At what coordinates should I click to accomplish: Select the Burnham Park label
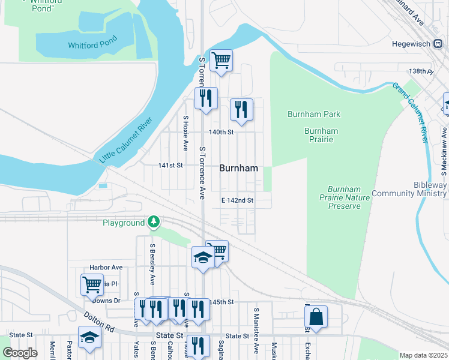[x=314, y=114]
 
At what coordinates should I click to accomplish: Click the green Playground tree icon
[x=154, y=223]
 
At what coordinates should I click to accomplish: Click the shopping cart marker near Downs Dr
[x=92, y=284]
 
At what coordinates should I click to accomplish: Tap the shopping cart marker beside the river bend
[x=221, y=60]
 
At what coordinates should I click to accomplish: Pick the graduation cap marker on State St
[x=89, y=337]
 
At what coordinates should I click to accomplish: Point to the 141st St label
[x=170, y=166]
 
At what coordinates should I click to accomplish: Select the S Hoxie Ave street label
[x=186, y=133]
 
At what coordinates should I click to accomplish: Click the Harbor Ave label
[x=106, y=267]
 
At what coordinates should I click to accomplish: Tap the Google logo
[x=20, y=353]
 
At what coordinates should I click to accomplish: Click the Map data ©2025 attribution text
[x=423, y=355]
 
